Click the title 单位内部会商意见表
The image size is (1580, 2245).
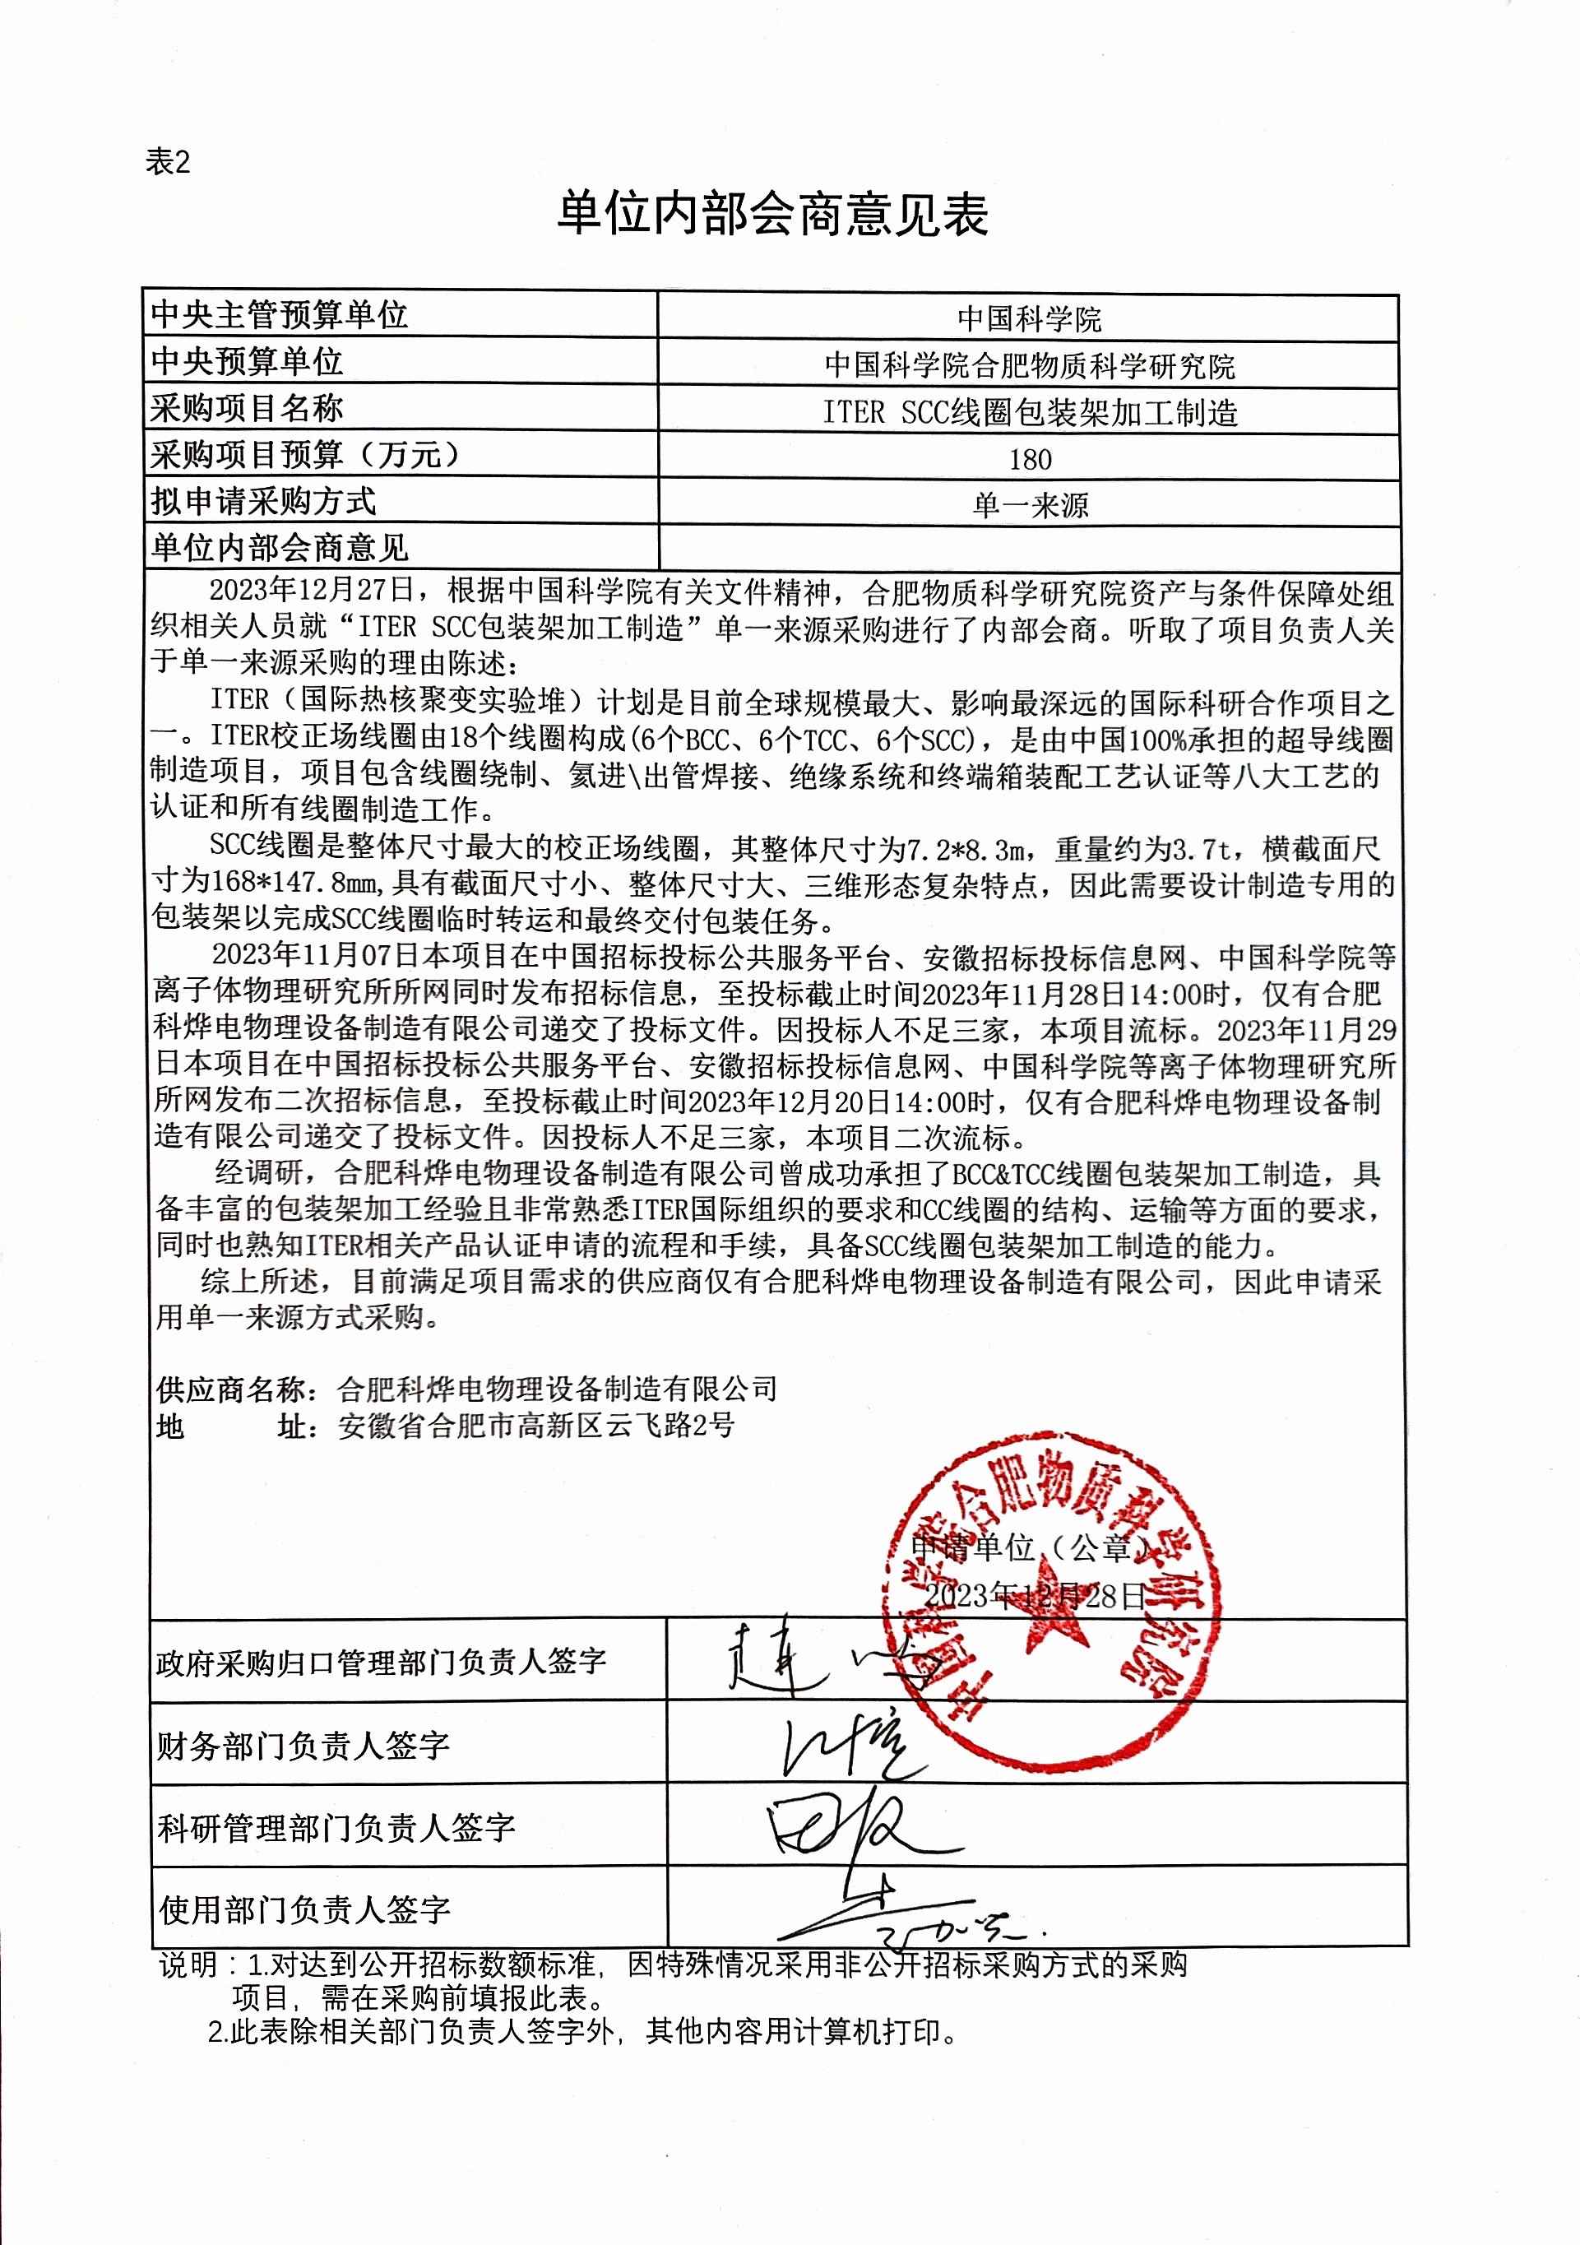coord(772,215)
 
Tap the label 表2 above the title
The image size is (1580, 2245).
coord(167,161)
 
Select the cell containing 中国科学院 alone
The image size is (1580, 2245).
coord(1029,318)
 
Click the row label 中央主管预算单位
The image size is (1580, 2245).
coord(279,315)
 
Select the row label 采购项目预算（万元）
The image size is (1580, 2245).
coord(305,455)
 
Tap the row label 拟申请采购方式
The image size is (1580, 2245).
coord(263,502)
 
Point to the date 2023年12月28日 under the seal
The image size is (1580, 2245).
coord(1033,1596)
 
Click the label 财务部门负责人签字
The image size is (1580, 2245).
coord(303,1746)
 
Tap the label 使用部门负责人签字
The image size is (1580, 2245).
coord(304,1909)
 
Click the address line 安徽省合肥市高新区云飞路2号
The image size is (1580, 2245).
coord(535,1426)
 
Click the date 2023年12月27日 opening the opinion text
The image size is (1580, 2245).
coord(312,591)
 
